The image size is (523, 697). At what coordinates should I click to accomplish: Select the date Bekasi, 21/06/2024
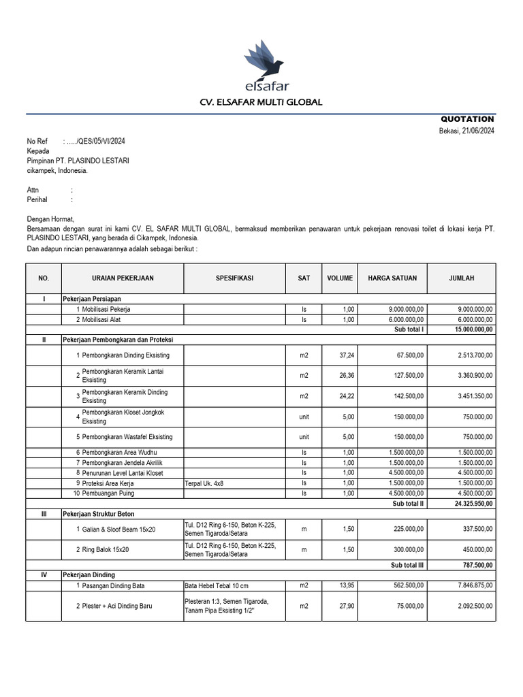click(466, 131)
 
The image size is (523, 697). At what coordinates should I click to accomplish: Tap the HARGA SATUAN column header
click(392, 278)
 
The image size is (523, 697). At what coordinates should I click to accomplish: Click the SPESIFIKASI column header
click(234, 278)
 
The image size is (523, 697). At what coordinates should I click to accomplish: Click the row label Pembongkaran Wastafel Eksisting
click(127, 436)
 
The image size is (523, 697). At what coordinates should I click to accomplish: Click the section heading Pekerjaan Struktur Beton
click(100, 515)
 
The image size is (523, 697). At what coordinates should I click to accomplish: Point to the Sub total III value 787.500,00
click(477, 565)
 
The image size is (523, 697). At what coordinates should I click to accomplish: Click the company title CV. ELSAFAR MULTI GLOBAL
click(261, 102)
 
